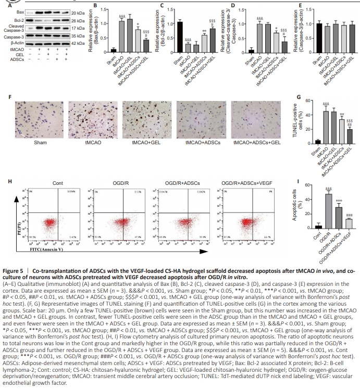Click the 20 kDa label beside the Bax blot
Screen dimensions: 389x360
click(x=78, y=11)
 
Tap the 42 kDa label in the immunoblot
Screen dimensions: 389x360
click(x=78, y=44)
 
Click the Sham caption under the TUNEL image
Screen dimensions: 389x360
click(x=40, y=142)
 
